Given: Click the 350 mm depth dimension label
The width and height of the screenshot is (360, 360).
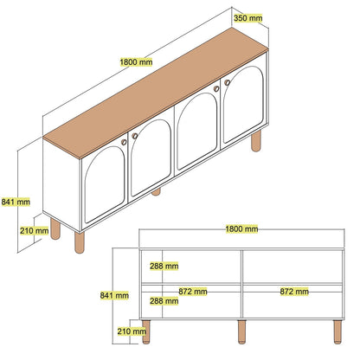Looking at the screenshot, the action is (x=247, y=18).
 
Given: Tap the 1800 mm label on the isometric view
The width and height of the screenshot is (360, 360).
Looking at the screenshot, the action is (x=136, y=62).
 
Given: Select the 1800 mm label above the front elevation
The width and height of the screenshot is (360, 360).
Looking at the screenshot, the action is (x=241, y=229).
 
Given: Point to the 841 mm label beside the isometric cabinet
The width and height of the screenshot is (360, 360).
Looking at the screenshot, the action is (x=16, y=202).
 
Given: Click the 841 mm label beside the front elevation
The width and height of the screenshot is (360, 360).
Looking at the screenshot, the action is (x=114, y=295).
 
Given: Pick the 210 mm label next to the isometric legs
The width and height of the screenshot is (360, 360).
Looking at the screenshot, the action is (x=34, y=231).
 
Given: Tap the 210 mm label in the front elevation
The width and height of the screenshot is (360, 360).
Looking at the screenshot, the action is (x=132, y=331).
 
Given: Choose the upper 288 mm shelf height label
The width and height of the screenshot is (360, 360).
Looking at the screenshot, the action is (x=164, y=266).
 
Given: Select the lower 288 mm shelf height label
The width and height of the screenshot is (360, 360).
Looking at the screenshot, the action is (x=164, y=301).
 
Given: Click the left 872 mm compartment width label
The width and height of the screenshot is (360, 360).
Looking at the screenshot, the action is (x=193, y=292).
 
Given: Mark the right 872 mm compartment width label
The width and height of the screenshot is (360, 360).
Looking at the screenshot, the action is (x=294, y=292).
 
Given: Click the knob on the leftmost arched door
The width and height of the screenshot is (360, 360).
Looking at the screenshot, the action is (x=124, y=142).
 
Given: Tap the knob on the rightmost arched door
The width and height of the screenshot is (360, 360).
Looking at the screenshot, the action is (x=228, y=82).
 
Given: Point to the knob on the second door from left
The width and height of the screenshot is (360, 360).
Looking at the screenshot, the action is (x=135, y=136).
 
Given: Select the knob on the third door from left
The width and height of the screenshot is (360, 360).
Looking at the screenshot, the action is (x=216, y=89).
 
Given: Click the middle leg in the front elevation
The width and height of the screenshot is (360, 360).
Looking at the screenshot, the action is (x=241, y=331).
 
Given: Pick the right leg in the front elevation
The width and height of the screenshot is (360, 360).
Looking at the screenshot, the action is (x=337, y=331).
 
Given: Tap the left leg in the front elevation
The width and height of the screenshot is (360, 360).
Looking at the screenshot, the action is (x=146, y=331).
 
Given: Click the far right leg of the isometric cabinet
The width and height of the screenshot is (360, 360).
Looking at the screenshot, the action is (x=256, y=141).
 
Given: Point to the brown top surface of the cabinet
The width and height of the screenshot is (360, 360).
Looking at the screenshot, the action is (x=156, y=93).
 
